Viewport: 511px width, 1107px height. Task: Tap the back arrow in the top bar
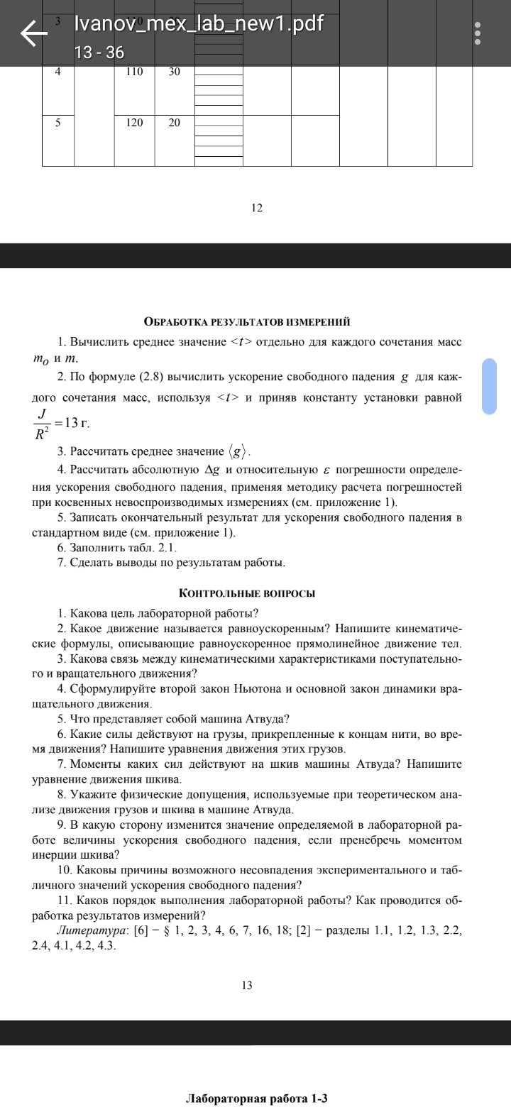(x=33, y=33)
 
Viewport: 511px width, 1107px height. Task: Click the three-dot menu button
(x=478, y=33)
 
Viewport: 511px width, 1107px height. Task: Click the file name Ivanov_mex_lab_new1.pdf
(x=199, y=24)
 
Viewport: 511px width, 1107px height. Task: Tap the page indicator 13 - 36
(x=94, y=53)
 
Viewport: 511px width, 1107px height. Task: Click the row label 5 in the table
(x=58, y=123)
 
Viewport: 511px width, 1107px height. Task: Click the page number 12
(x=257, y=208)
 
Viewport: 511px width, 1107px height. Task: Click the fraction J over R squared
(x=43, y=424)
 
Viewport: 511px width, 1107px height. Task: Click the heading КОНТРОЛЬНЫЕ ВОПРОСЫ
(x=247, y=593)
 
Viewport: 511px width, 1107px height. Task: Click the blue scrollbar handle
(x=490, y=386)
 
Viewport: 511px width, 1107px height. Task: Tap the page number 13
(x=247, y=985)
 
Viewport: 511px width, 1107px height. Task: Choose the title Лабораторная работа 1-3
(x=256, y=1098)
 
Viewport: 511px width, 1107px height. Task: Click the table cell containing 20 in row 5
(x=175, y=123)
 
